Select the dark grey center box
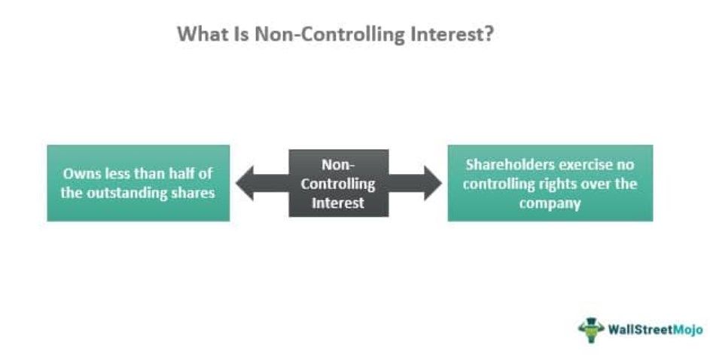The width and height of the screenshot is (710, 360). point(339,183)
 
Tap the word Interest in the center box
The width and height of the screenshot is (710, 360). point(339,203)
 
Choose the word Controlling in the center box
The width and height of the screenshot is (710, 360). point(339,183)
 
